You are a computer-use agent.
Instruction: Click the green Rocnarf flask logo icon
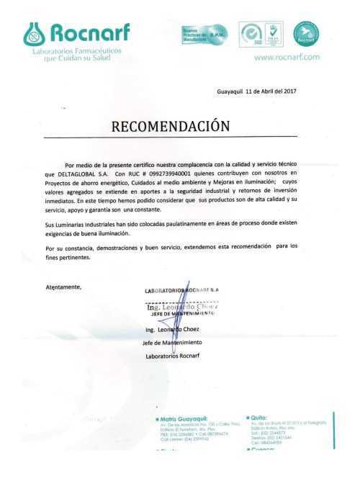click(x=35, y=31)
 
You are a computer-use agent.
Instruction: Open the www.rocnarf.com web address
click(x=287, y=57)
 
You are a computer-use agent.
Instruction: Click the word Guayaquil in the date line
click(x=230, y=92)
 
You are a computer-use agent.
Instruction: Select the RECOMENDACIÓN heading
click(x=171, y=126)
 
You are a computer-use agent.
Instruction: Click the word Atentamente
click(x=64, y=287)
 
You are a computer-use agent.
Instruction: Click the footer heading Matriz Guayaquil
click(x=185, y=418)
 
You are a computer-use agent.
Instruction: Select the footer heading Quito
click(x=259, y=415)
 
